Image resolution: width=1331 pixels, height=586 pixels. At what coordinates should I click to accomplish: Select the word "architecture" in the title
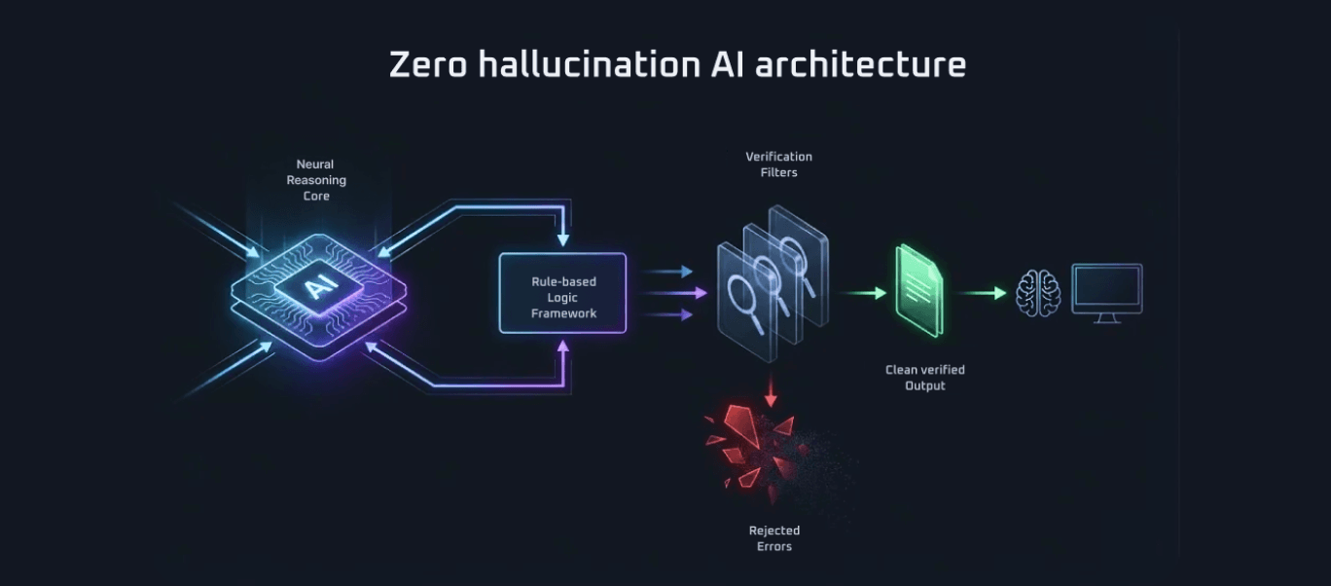click(860, 64)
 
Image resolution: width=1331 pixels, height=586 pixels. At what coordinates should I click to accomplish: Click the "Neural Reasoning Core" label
click(315, 180)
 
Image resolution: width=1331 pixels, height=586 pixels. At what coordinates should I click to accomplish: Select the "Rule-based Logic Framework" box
click(563, 293)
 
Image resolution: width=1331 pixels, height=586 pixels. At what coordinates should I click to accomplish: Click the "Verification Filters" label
click(778, 164)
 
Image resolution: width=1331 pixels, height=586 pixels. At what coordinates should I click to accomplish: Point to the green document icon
click(918, 291)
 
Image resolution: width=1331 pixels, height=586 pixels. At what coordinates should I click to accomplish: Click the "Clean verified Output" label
click(924, 378)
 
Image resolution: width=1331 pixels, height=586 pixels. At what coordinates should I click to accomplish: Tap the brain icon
click(1037, 292)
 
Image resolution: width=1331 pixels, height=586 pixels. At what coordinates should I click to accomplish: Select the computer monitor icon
click(1107, 292)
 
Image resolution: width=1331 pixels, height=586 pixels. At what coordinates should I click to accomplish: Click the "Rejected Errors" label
click(774, 538)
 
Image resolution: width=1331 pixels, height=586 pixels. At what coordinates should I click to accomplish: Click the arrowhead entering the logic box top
click(563, 240)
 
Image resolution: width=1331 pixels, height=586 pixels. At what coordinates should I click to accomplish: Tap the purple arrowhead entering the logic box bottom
click(563, 346)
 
